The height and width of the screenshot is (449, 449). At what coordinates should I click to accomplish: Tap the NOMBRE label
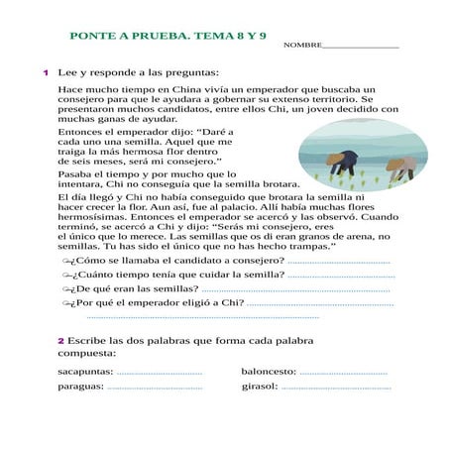(302, 46)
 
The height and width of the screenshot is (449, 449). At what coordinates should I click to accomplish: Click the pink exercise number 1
(46, 72)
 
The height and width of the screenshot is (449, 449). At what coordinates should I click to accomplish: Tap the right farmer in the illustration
(399, 167)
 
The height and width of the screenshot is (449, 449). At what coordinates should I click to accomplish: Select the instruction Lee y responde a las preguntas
(138, 72)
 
